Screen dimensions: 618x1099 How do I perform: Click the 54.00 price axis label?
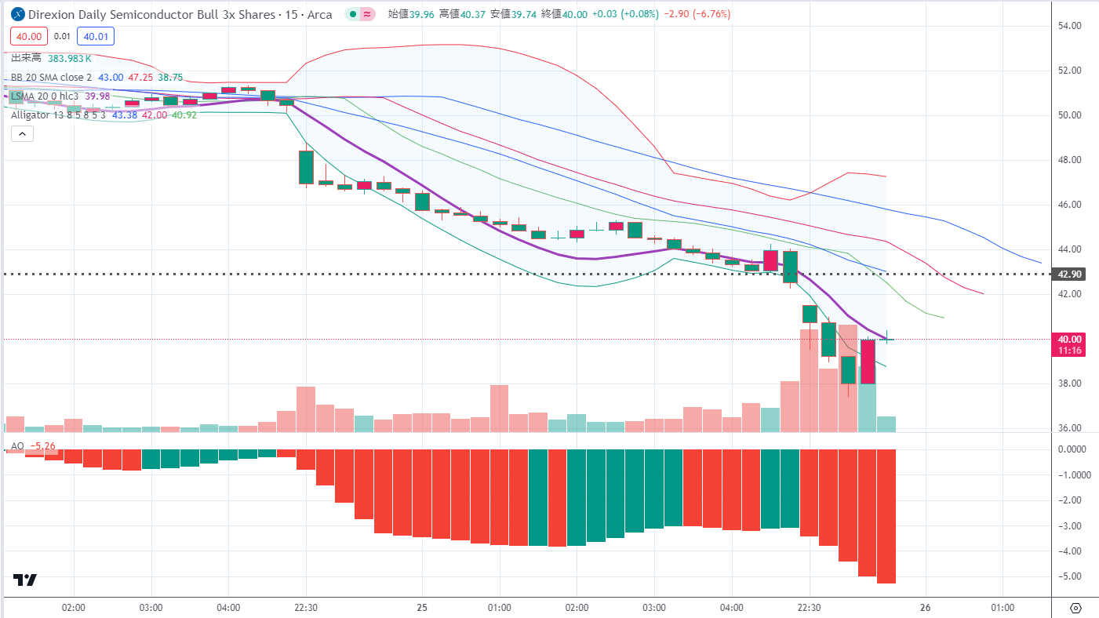click(1071, 26)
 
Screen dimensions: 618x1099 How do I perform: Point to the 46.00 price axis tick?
click(1071, 205)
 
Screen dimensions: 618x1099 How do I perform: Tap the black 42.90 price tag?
click(1071, 274)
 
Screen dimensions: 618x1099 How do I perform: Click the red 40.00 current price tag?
click(1070, 340)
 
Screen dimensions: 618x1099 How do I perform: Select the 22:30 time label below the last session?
click(809, 608)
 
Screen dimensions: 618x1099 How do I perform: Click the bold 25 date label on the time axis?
click(422, 608)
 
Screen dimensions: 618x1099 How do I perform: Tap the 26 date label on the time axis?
click(925, 608)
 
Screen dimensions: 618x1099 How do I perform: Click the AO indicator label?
click(16, 446)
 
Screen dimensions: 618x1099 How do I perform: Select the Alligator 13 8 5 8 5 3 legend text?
click(58, 115)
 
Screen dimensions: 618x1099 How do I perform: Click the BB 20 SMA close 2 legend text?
click(51, 78)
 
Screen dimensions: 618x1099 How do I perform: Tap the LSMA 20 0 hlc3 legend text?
click(46, 96)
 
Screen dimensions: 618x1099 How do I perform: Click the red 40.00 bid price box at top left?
click(29, 35)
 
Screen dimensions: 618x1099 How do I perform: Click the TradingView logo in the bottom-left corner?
click(25, 580)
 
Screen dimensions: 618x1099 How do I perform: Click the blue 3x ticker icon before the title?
click(15, 14)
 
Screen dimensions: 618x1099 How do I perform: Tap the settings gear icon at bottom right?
click(1075, 608)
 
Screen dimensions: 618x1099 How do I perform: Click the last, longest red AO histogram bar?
click(886, 516)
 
